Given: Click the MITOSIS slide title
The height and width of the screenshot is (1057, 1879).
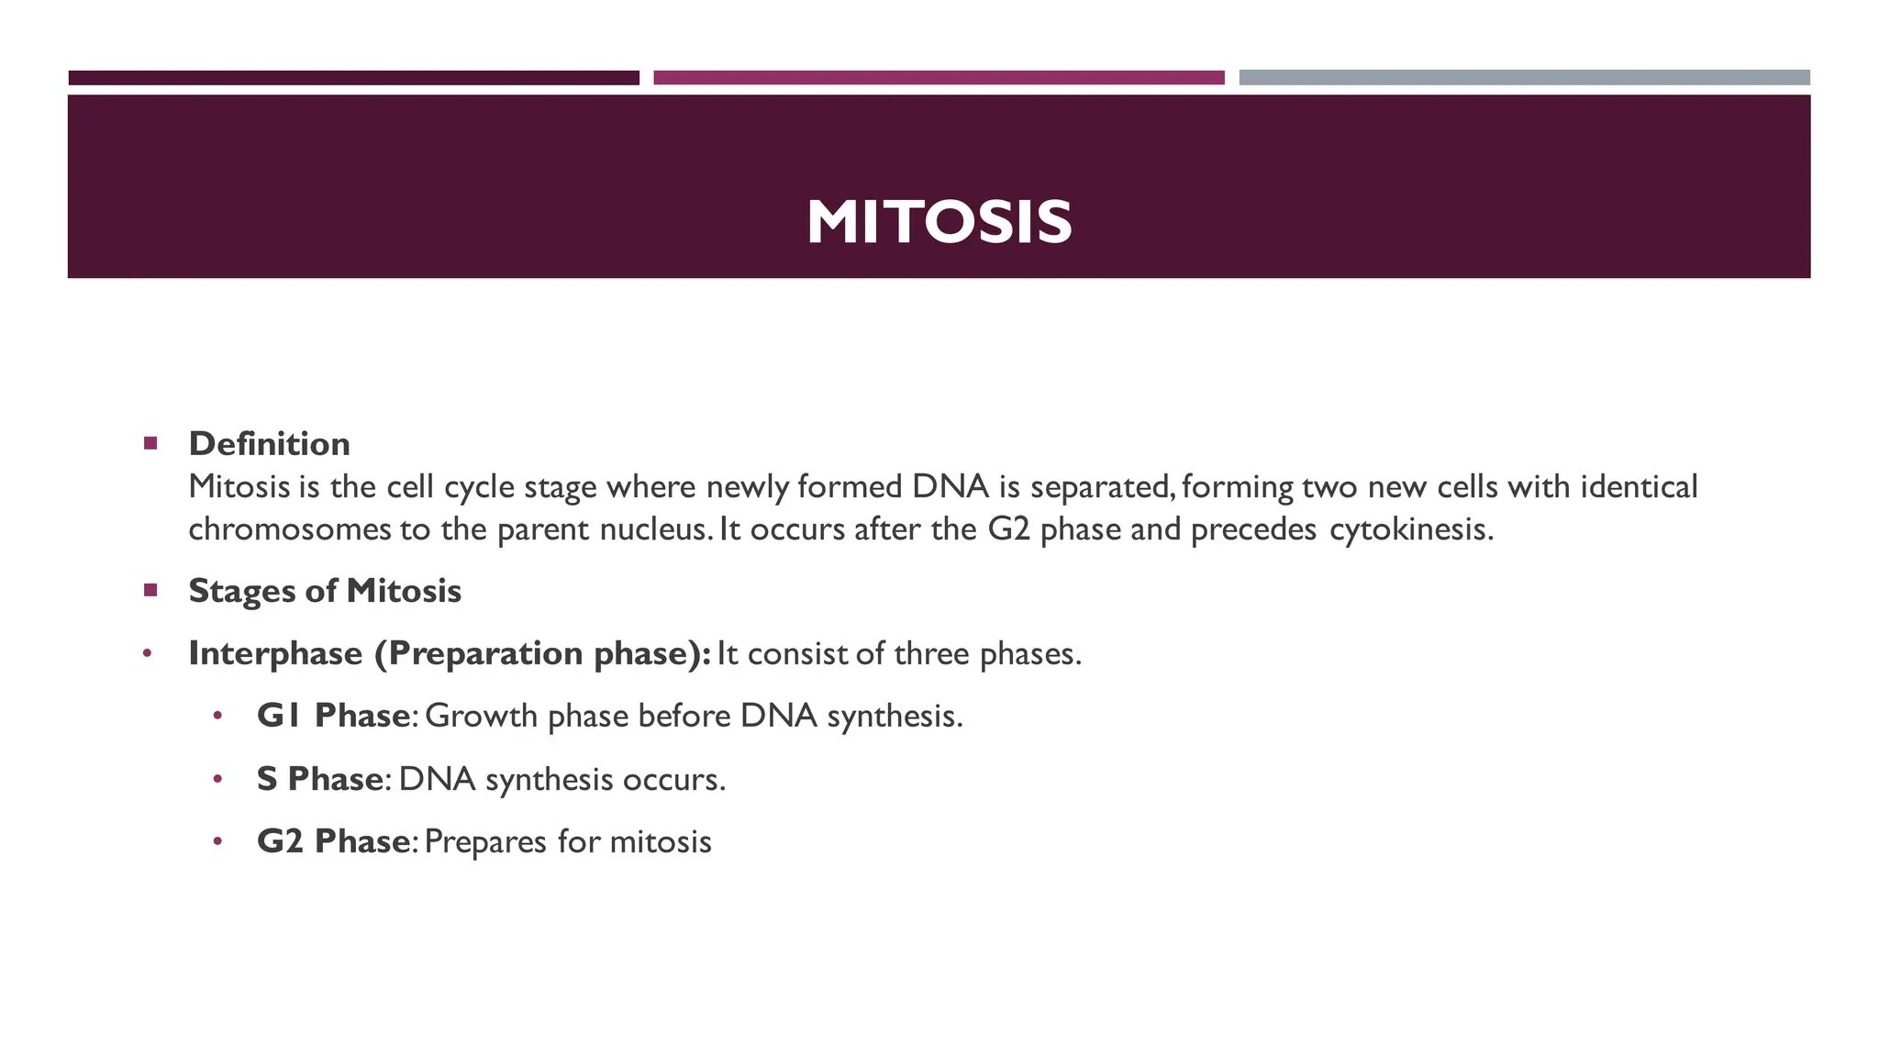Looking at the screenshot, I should tap(939, 222).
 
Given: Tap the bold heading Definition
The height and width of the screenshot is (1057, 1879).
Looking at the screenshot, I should tap(269, 444).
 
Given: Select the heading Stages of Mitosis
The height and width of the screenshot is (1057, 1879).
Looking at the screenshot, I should tap(325, 591).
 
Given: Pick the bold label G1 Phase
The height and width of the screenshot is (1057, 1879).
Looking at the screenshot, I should tap(333, 716).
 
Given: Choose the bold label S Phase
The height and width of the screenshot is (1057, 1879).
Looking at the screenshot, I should tap(319, 779).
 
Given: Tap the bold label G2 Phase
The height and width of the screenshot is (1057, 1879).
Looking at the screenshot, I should tap(333, 841).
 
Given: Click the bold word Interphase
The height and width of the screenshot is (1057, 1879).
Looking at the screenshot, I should tap(275, 653).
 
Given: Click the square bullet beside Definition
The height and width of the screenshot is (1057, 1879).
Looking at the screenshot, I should tap(151, 444).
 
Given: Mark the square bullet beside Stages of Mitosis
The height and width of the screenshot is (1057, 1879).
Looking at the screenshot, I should tap(151, 590).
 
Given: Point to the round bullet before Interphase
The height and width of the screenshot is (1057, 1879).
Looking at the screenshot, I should tap(147, 654).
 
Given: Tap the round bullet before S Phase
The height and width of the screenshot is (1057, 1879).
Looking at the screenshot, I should tap(217, 780).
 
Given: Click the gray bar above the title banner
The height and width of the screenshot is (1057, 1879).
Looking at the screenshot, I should tap(1524, 78).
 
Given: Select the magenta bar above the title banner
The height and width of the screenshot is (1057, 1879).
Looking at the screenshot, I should tap(939, 78).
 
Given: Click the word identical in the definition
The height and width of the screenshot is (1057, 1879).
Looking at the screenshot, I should tap(1639, 486).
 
